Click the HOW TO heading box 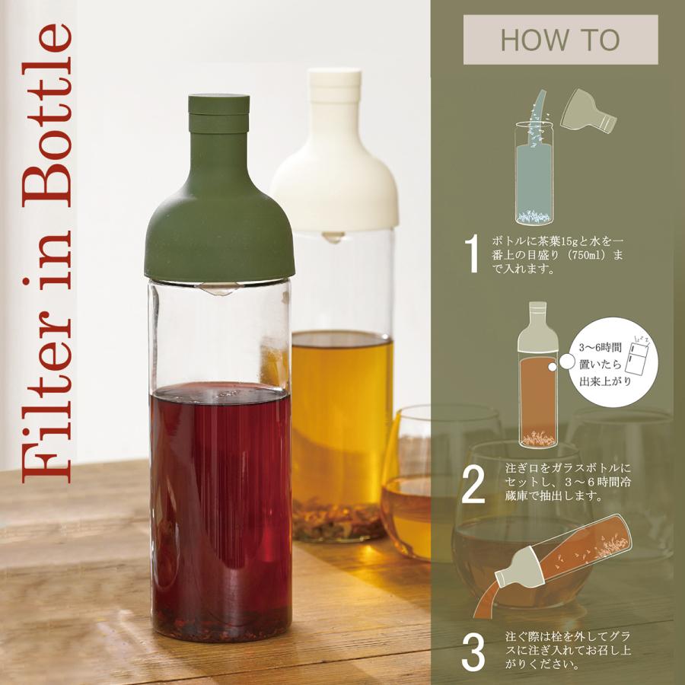click(x=560, y=40)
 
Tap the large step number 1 click(x=473, y=254)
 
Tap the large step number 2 click(x=473, y=487)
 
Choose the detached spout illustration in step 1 click(x=588, y=113)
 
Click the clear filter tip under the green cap click(x=219, y=288)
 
